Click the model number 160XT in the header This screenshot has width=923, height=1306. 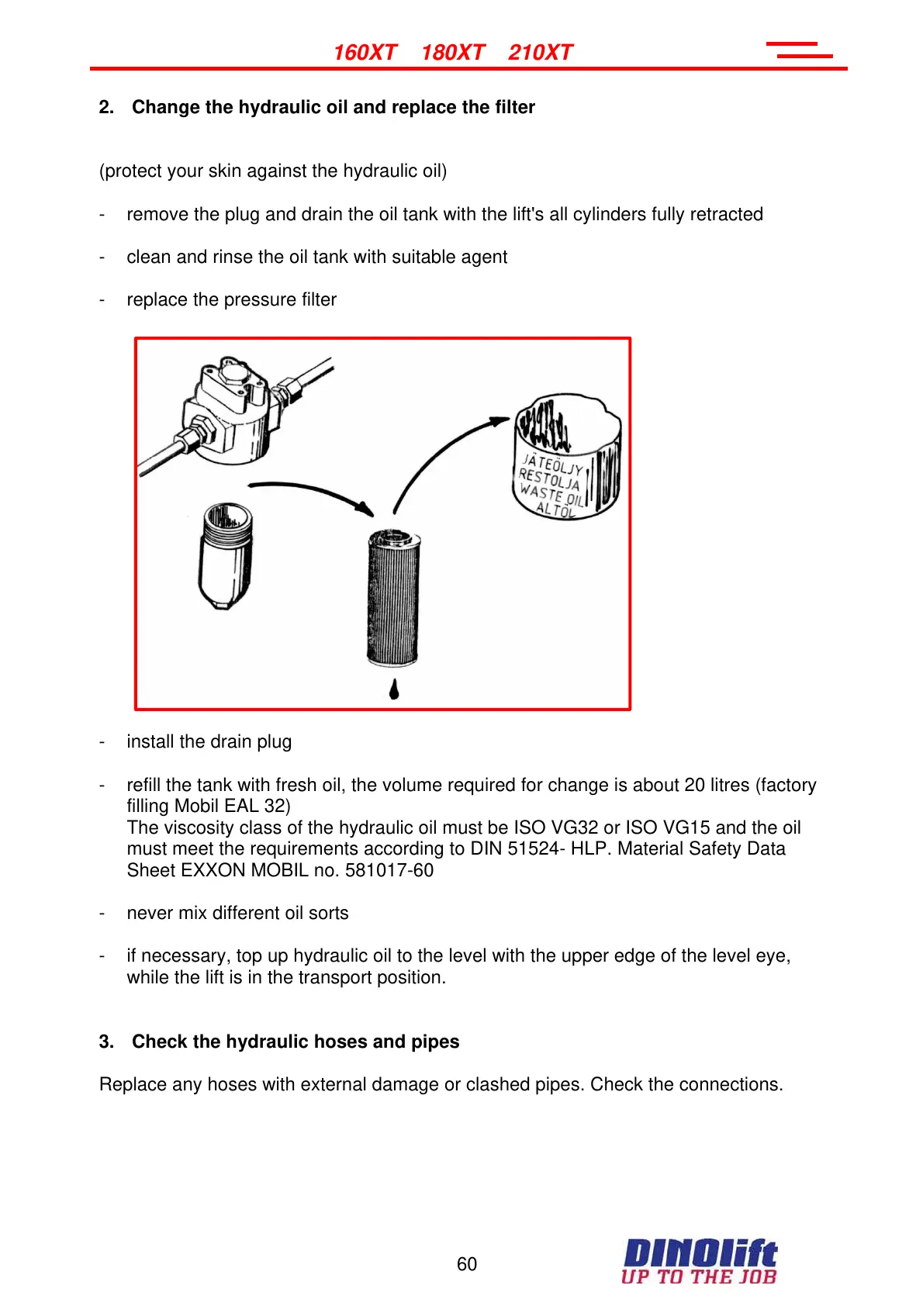point(365,53)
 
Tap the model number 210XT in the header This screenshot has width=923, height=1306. point(540,53)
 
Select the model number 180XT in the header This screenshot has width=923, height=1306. point(452,53)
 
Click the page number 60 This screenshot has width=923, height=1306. point(467,1264)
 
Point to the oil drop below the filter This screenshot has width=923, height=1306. point(394,689)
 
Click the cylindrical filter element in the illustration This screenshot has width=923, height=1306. point(393,597)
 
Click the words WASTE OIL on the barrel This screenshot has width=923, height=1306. point(551,493)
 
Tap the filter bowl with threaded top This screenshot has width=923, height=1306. point(226,555)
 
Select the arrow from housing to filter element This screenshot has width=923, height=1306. point(310,492)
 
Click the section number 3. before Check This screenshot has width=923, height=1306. point(106,1042)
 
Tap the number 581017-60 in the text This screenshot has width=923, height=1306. point(389,870)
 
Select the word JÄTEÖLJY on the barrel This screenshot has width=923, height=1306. point(552,464)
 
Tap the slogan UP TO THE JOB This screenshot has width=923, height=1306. point(698,1277)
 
